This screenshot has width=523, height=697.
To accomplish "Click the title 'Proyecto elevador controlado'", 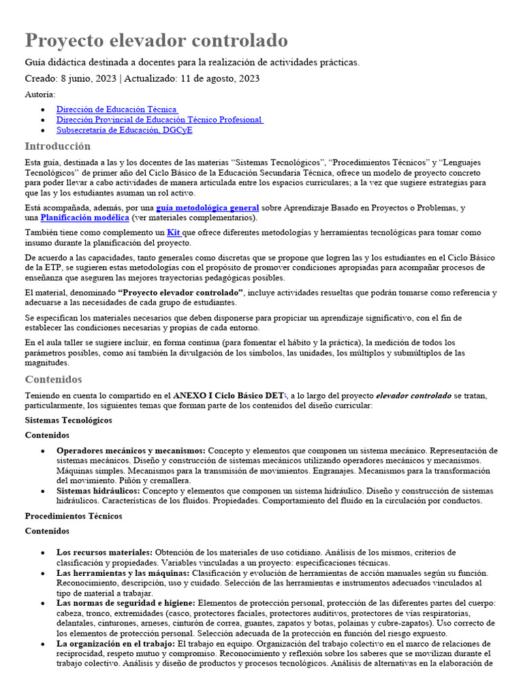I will coord(156,40).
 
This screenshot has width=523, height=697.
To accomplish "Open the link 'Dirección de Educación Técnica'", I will coord(116,109).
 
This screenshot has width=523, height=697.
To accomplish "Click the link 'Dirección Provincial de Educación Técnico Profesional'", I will coord(159,119).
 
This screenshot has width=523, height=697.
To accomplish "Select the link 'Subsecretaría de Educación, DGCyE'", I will coord(124,129).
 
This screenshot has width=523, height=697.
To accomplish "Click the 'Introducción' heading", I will coord(58,146).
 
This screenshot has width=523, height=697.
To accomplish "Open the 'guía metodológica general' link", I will coord(208,208).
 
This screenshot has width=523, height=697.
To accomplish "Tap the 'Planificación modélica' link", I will coord(84,218).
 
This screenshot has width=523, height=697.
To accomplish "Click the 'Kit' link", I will coord(173,233).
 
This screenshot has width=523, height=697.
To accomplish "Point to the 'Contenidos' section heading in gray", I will coord(53,379).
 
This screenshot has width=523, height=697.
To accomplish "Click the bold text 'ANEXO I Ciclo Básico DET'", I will coord(228,395).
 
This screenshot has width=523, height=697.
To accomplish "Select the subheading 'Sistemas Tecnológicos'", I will coord(68,420).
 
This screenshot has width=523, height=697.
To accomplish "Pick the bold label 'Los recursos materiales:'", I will coord(104,552).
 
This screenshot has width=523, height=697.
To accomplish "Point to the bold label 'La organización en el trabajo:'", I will coord(115,643).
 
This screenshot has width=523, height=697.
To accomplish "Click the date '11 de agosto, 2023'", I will coord(219,78).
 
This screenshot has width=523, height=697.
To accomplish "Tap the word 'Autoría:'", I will coord(40,94).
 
